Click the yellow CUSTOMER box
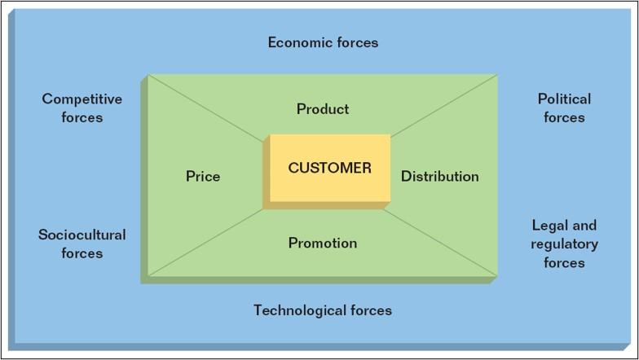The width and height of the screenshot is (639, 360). pos(328,169)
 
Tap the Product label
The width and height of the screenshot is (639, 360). pos(323,108)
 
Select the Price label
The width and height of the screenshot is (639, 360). pos(203,176)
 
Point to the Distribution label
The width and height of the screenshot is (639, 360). pos(439,176)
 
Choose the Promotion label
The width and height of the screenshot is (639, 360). pos(323,243)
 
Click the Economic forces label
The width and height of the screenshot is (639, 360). pos(323,42)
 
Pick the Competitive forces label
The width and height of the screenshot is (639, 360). pos(82,108)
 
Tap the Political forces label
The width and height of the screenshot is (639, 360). pos(564,108)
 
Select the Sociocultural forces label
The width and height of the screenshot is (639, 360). pos(82,244)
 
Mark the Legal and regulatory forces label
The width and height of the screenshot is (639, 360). pos(564,244)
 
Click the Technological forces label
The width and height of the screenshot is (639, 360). pos(323,310)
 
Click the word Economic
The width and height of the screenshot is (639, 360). pos(297,42)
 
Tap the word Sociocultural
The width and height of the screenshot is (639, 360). pos(82,235)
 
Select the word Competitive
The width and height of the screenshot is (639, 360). pos(82,99)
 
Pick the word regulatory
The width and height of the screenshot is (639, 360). pos(564,244)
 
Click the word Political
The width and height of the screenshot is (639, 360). pos(564,99)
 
